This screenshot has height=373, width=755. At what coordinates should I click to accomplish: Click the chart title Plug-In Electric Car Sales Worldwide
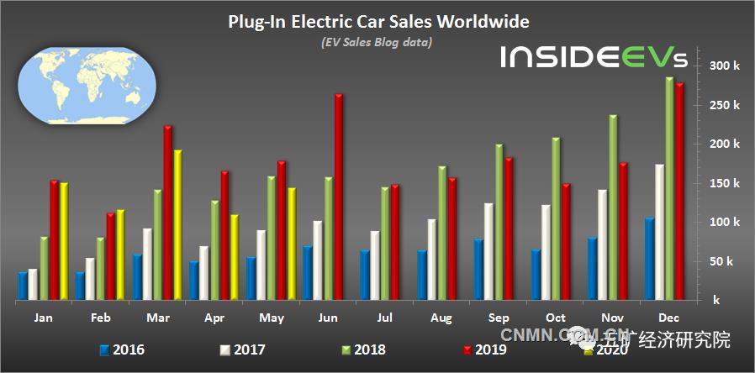pyautogui.click(x=378, y=21)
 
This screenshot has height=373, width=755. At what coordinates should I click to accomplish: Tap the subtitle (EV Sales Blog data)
pyautogui.click(x=377, y=42)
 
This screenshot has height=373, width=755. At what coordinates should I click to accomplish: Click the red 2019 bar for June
pyautogui.click(x=338, y=197)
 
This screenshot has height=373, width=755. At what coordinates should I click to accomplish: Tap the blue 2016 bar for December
pyautogui.click(x=648, y=258)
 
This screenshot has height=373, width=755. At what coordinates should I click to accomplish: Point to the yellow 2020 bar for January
pyautogui.click(x=64, y=240)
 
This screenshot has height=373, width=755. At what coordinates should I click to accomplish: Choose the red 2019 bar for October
pyautogui.click(x=566, y=241)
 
